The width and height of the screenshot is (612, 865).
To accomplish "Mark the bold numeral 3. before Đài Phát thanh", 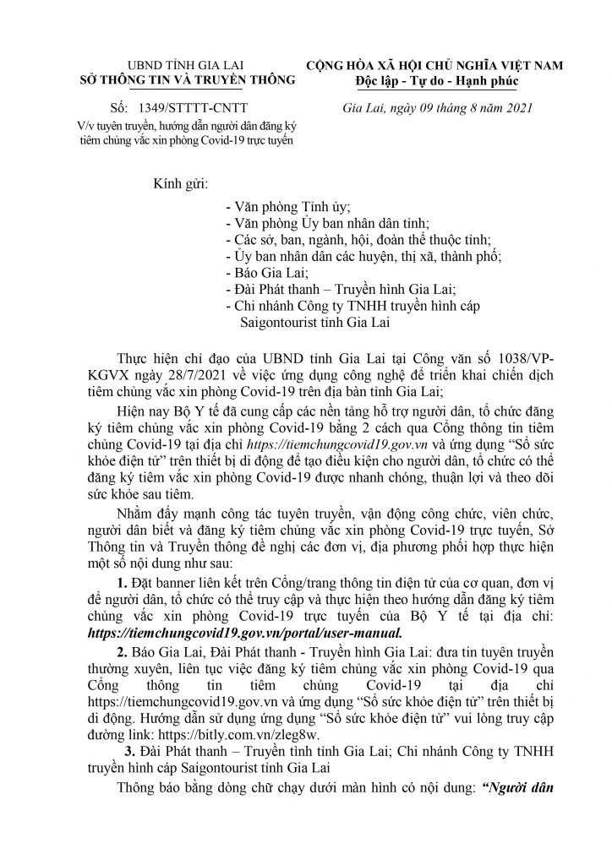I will [128, 732].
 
